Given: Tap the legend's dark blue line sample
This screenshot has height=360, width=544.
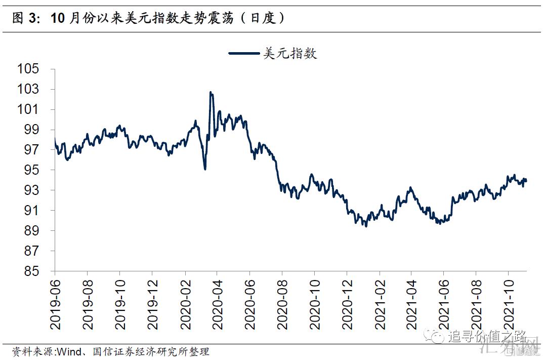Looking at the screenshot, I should (x=245, y=53).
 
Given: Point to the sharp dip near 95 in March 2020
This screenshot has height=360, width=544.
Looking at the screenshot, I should (x=205, y=169).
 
